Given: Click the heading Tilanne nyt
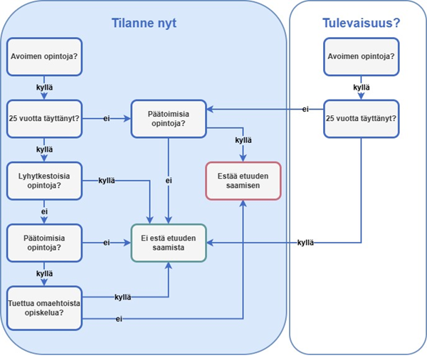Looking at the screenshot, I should (x=144, y=23).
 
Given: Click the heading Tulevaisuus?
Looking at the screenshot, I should (x=361, y=23).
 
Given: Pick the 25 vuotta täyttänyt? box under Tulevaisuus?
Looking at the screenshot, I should (x=361, y=118).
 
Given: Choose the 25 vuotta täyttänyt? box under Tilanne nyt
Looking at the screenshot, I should (x=44, y=118).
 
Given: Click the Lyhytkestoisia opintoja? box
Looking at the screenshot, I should (x=44, y=181).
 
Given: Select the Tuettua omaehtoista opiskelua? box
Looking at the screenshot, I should (x=44, y=308).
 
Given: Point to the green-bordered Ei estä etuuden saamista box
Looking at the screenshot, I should (x=169, y=243).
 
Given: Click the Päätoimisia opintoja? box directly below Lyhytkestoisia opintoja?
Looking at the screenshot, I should (x=44, y=243).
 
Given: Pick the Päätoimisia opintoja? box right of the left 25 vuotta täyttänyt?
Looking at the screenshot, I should (x=169, y=118).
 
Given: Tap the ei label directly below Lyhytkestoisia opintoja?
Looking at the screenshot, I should (x=44, y=211).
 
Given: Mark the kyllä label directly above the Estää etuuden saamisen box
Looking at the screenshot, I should (x=243, y=140).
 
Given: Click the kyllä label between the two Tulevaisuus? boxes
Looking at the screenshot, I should (x=361, y=88).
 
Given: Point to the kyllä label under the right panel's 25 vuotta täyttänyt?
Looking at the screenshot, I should (x=307, y=243).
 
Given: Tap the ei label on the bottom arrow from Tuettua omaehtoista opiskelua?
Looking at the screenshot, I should (x=119, y=319).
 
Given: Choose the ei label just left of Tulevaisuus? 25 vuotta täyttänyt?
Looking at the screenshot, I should (x=305, y=109).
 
